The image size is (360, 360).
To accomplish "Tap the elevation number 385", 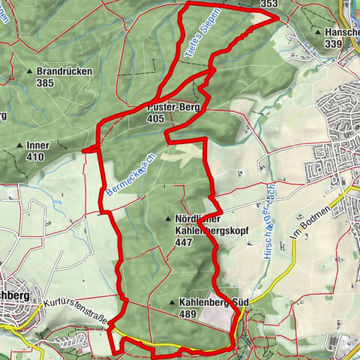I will click(x=44, y=82).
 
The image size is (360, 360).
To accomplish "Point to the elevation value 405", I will click(x=156, y=118).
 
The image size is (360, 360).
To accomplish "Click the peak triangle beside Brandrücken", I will click(x=31, y=71).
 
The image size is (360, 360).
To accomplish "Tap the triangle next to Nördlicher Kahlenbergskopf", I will click(x=166, y=219).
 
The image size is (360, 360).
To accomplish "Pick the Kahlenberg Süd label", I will click(x=214, y=303).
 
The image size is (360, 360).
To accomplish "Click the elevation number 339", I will click(x=334, y=44).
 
